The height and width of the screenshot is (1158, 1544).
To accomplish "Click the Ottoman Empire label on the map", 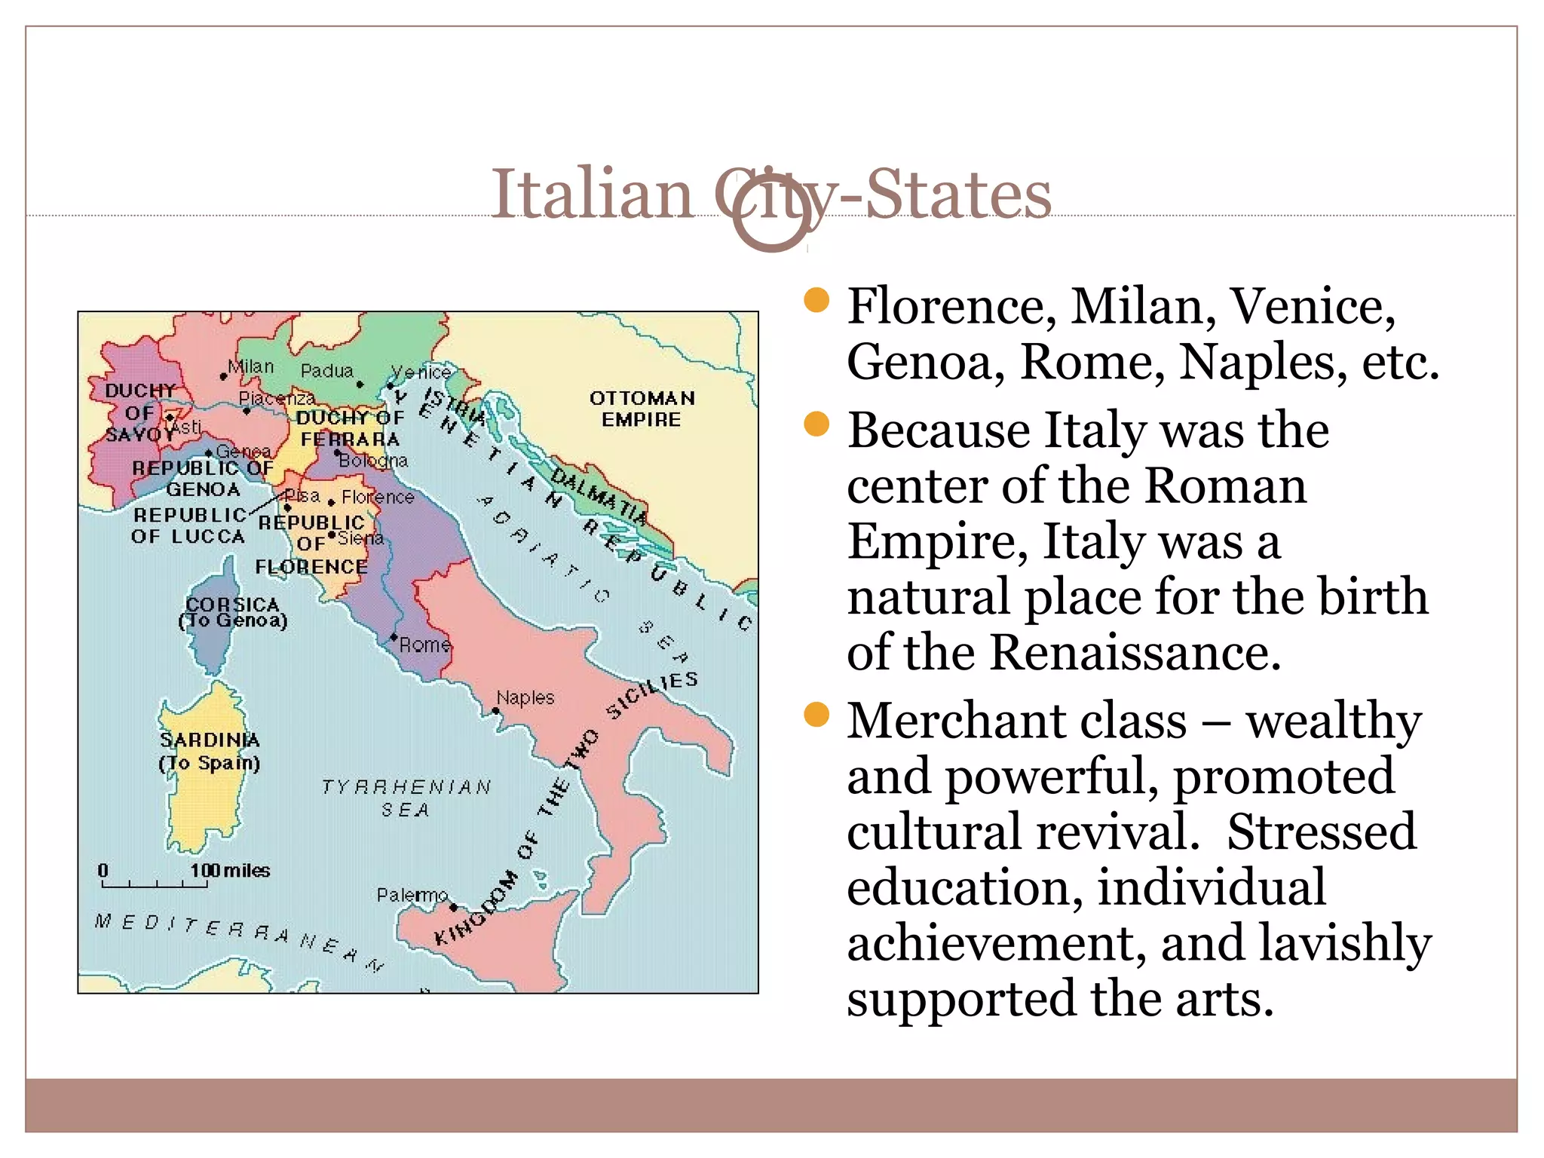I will tap(642, 409).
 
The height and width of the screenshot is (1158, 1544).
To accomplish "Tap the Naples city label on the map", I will tap(525, 698).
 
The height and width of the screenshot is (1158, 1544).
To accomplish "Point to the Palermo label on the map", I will tap(412, 895).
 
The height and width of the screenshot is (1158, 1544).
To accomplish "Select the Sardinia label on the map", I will tap(210, 751).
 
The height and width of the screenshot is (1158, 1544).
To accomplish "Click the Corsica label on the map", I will tap(233, 612).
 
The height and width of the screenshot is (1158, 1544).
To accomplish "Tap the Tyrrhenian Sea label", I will tap(406, 798).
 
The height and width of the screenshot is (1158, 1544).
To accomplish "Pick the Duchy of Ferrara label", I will tap(350, 428).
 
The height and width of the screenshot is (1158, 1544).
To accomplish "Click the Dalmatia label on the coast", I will tap(599, 496).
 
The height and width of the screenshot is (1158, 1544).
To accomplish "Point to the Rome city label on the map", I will tap(424, 645).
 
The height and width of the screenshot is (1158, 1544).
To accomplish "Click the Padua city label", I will tap(326, 371).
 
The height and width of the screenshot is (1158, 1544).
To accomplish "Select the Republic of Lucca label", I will tap(188, 525).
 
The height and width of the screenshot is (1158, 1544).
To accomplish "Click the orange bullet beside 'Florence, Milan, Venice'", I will tap(816, 300).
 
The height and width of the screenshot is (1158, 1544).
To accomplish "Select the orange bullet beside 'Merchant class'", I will tap(816, 714).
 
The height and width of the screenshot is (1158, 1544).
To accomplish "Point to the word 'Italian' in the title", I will tap(592, 195).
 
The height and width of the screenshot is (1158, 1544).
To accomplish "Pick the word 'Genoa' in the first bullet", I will tap(925, 362).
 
